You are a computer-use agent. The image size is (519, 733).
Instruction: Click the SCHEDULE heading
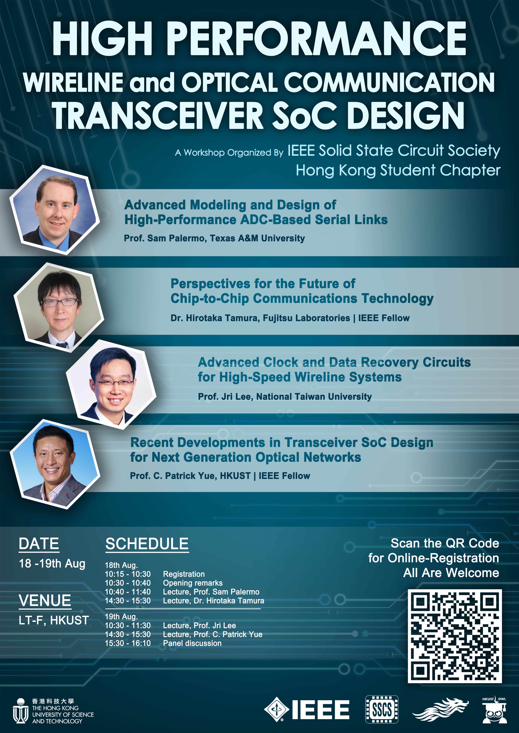pyautogui.click(x=147, y=544)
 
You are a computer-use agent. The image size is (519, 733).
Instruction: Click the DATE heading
pyautogui.click(x=39, y=544)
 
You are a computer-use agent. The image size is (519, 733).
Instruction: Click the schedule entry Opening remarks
pyautogui.click(x=193, y=583)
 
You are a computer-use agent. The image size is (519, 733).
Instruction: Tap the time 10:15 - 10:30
pyautogui.click(x=128, y=574)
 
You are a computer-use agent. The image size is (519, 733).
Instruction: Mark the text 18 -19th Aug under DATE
pyautogui.click(x=52, y=564)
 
